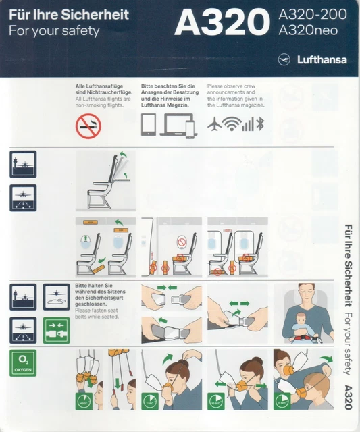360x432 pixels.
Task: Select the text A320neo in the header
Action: tap(308, 31)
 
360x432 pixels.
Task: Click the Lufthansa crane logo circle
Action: tap(284, 59)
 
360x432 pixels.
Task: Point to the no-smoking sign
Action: tap(88, 126)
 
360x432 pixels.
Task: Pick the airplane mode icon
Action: tap(214, 124)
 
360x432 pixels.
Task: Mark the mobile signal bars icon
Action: tap(250, 124)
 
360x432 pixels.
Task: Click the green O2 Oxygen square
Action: tap(23, 362)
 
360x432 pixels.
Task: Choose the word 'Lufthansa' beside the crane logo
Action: tap(322, 59)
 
